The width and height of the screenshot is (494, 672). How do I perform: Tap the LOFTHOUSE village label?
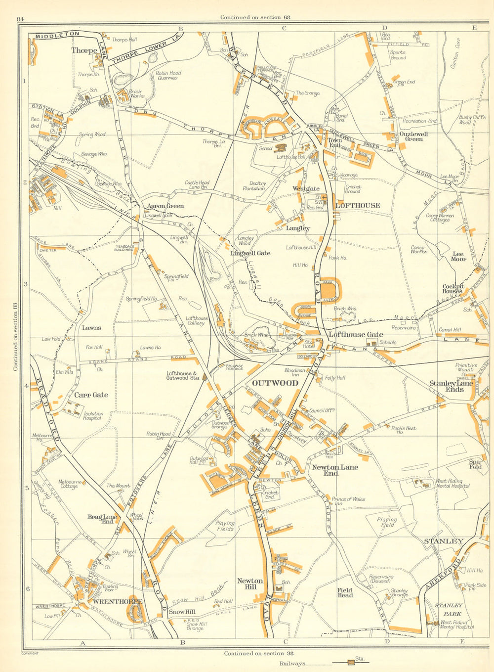click(358, 205)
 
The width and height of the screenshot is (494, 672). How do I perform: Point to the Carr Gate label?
click(91, 395)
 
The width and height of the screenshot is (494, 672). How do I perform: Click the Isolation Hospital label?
click(93, 416)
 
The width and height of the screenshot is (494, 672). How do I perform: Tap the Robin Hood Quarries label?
click(168, 75)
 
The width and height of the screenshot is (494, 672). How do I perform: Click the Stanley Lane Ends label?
click(451, 386)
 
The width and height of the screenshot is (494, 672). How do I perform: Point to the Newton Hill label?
click(250, 583)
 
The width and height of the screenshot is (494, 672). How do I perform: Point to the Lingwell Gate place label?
click(250, 253)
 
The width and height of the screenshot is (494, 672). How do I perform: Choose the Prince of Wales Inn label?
click(348, 501)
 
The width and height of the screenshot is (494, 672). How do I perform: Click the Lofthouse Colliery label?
click(197, 321)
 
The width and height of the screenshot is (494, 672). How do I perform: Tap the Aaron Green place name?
click(165, 206)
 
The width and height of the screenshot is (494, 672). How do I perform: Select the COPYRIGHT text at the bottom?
click(30, 653)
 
